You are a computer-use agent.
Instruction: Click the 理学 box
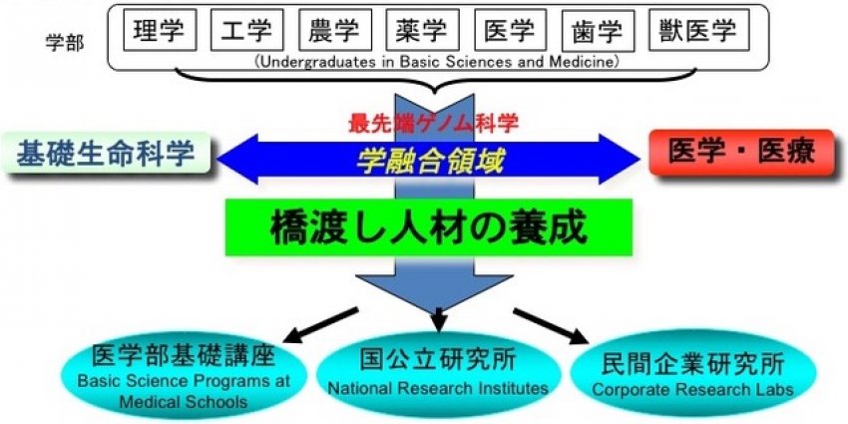coord(160,30)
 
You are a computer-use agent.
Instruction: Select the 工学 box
coord(246,30)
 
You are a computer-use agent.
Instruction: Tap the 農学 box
coord(335,30)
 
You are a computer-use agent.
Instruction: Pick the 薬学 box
coord(422,30)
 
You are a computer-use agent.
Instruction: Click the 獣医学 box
coord(699,30)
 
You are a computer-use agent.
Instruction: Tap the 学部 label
coord(65,43)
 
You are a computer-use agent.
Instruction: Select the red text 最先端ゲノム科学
coord(433,124)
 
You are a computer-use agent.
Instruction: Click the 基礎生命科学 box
coord(106,153)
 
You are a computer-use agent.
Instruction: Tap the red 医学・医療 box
coord(742,153)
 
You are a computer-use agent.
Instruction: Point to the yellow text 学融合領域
coord(430,161)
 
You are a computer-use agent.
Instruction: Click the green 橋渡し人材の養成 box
coord(429,227)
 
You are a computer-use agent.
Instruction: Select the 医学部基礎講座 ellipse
coord(184,377)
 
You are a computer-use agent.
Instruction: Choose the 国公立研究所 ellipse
coord(439,374)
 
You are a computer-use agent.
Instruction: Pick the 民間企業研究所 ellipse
coord(693,373)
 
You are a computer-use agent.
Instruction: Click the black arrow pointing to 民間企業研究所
coord(551,326)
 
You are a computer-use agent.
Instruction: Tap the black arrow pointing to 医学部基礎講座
coord(320,325)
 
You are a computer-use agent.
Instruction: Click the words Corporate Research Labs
coord(692,389)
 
